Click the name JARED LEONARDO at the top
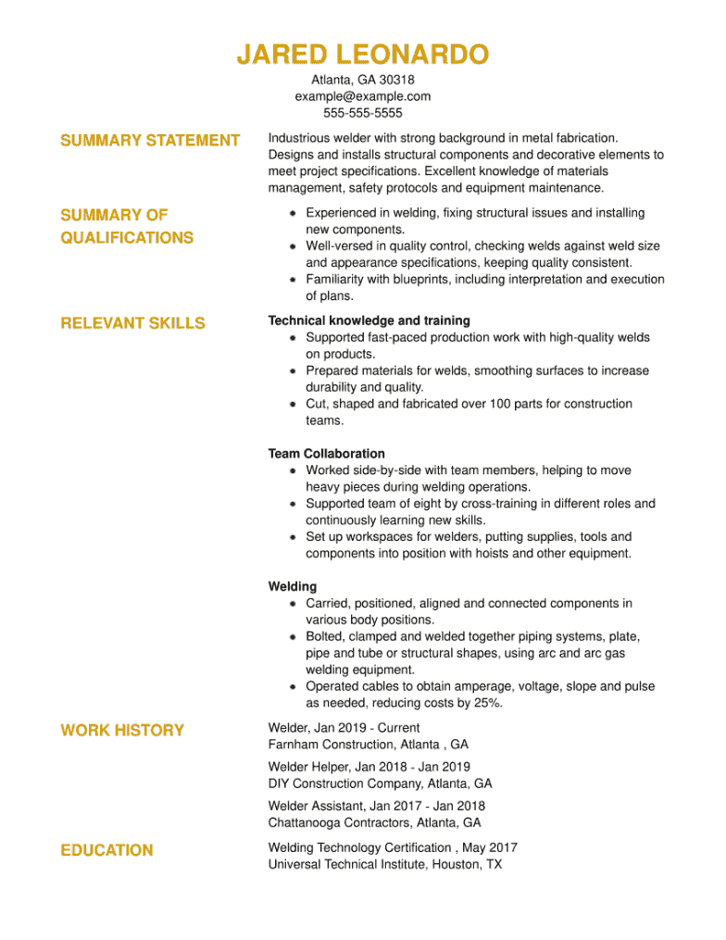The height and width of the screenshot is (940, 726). tap(362, 55)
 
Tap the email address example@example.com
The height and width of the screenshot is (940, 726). tap(363, 96)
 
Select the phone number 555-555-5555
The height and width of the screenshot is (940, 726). tap(363, 113)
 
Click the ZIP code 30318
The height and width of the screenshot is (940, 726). tap(397, 80)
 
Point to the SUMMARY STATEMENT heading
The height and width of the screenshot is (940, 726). tap(150, 140)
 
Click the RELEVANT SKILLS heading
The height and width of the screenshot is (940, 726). tap(133, 323)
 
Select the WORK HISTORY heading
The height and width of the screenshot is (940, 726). tap(122, 731)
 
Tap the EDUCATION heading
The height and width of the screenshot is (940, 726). tap(106, 850)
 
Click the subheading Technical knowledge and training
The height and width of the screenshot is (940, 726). tap(369, 320)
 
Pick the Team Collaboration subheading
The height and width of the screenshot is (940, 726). tap(326, 454)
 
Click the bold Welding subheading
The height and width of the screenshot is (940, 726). tap(292, 587)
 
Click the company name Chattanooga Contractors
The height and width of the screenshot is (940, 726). tap(339, 822)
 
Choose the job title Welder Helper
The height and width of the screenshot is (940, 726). tap(308, 767)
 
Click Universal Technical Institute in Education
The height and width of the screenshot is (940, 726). tap(347, 864)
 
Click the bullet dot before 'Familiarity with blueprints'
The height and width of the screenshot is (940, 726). tap(293, 279)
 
